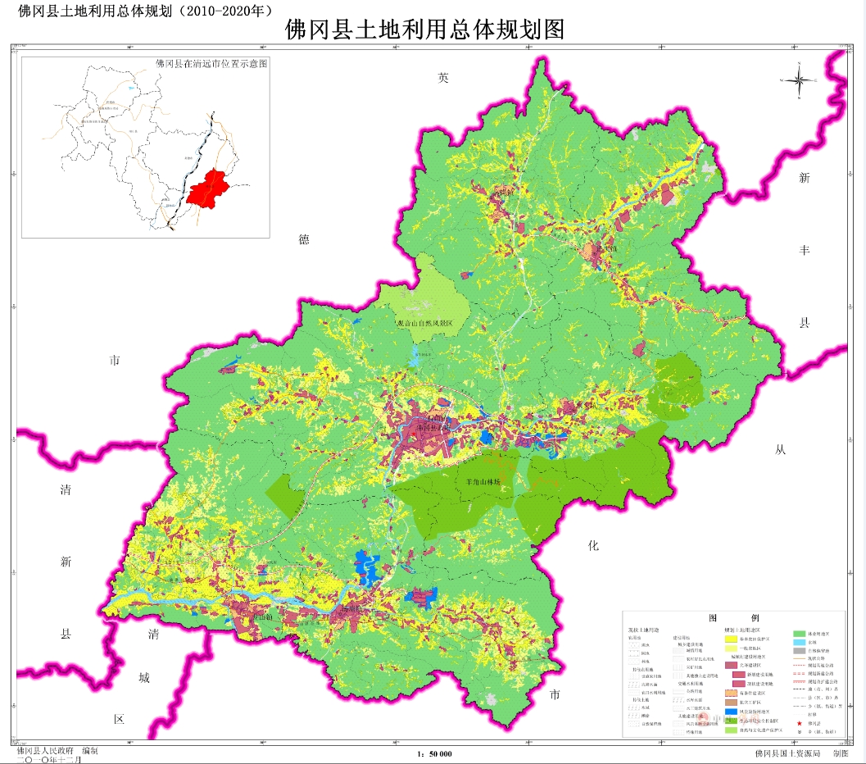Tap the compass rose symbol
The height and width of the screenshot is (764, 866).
[802, 80]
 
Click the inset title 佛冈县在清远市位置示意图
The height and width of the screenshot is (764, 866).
[211, 63]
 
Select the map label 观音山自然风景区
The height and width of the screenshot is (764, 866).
[424, 325]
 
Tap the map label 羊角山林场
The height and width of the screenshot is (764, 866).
[483, 484]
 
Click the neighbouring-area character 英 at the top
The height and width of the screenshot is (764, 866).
[444, 78]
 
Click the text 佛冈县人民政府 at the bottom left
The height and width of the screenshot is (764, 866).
[44, 750]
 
